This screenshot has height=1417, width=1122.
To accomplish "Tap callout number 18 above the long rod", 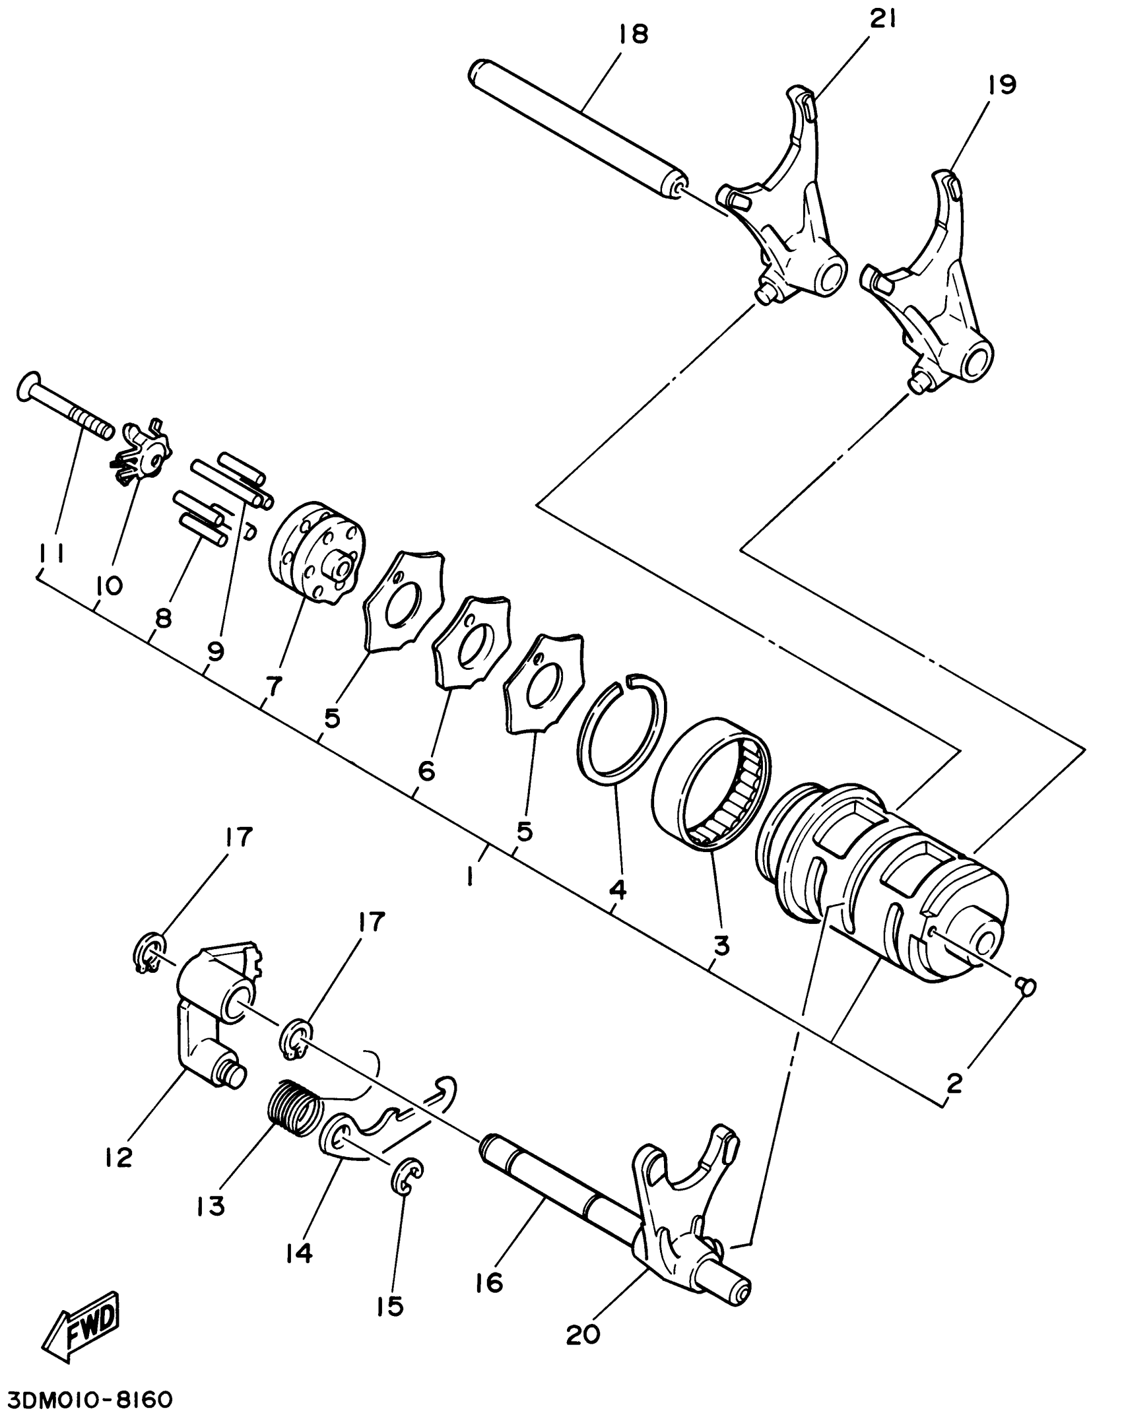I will (x=634, y=34).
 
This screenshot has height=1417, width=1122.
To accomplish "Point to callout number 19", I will (x=1002, y=85).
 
